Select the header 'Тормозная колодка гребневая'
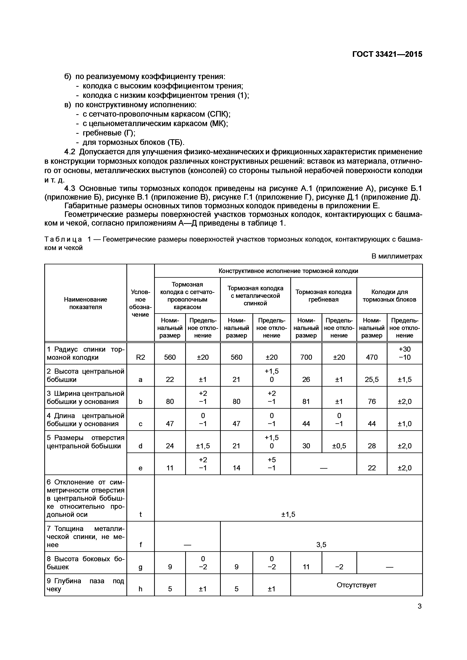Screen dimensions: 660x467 (x=323, y=296)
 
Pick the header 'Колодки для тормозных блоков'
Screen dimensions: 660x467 (x=389, y=296)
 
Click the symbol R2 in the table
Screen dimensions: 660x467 (x=140, y=357)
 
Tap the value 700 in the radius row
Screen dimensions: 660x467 (x=306, y=357)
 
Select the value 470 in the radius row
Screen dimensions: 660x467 (x=372, y=357)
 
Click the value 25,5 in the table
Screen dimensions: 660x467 (x=372, y=379)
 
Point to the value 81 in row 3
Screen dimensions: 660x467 (x=306, y=401)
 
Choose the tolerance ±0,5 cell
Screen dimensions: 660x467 (x=339, y=446)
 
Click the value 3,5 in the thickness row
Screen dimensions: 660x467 (x=321, y=545)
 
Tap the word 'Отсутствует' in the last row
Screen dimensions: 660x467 (x=356, y=585)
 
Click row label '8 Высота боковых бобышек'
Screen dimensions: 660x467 (x=86, y=563)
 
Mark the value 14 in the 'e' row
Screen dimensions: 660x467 (x=236, y=468)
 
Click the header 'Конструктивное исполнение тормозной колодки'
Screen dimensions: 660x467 (x=288, y=271)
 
